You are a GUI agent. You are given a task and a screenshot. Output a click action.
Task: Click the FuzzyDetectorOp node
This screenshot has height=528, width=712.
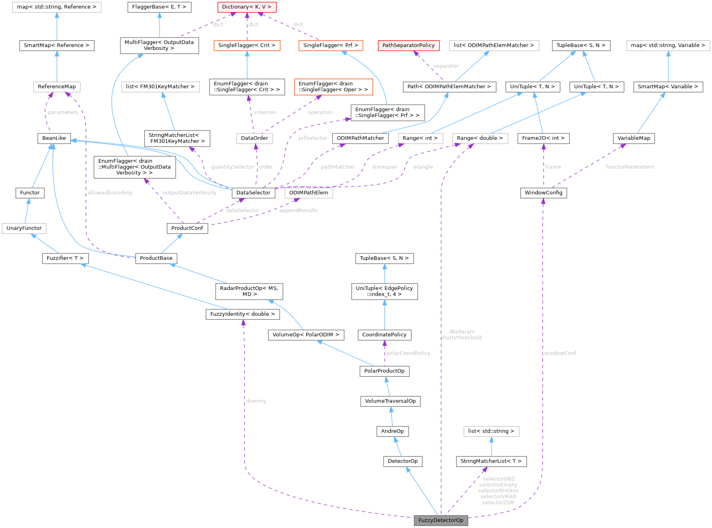coord(441,520)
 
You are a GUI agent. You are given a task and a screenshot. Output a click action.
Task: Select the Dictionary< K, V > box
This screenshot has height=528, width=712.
coord(247,7)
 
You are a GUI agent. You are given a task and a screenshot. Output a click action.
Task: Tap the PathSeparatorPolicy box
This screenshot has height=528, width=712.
coord(408,45)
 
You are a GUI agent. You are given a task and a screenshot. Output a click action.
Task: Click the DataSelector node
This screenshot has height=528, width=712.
coord(253,193)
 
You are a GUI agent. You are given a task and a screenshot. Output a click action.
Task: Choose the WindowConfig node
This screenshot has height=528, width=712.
coord(543,193)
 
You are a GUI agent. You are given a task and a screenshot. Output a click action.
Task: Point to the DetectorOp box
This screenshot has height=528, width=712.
coord(403,461)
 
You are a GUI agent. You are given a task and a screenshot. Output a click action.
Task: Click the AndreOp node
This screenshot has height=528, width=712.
coord(392,431)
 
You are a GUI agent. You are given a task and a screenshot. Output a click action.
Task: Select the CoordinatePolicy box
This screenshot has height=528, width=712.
coord(384,335)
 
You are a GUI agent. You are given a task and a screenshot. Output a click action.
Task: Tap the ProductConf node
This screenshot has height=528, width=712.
coord(187,228)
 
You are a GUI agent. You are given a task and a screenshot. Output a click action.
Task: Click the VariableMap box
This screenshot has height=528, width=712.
coord(634,138)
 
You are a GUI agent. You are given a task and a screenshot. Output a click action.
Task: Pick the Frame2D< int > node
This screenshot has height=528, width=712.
coord(543,138)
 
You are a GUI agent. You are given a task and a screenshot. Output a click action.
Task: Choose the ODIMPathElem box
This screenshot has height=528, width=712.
coord(309,193)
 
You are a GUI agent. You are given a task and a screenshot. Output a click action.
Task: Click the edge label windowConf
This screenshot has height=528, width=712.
coord(560,353)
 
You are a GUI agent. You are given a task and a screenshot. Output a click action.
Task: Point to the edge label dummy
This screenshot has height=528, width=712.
coord(256,401)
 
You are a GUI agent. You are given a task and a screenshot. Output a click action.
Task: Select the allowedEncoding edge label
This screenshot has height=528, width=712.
coord(110,193)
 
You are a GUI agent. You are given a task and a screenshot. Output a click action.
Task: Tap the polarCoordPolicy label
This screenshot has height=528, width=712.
coord(408,353)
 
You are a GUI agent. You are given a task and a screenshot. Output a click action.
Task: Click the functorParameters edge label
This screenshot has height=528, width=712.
coord(630,167)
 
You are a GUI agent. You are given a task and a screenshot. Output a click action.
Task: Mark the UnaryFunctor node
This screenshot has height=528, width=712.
coord(24,228)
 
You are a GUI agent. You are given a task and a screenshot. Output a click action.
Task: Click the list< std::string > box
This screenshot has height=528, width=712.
coord(491,431)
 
